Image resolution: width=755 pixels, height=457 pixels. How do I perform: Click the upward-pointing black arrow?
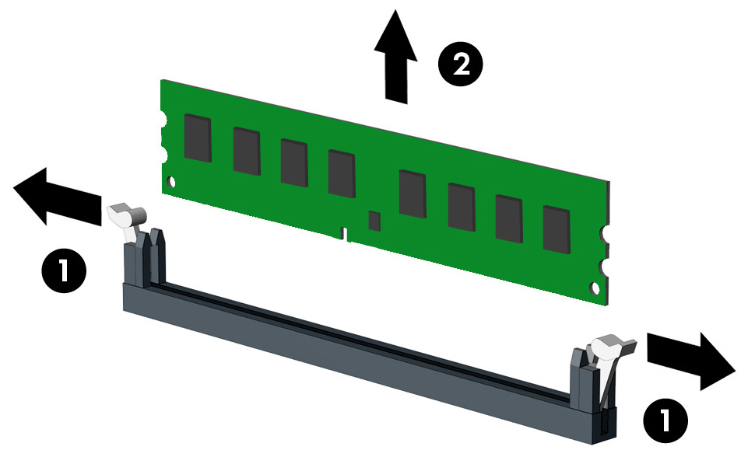(396, 58)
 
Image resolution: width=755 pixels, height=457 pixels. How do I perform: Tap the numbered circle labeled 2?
(460, 64)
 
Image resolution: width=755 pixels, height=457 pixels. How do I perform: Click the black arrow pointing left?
(57, 197)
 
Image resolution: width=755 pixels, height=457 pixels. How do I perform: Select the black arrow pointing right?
(691, 361)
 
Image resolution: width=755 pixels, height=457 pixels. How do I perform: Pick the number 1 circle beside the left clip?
(64, 270)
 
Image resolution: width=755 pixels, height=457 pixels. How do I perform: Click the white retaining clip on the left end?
(126, 219)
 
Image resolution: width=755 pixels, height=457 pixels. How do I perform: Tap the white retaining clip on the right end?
(610, 356)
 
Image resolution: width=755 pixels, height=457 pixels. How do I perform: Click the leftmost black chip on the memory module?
(198, 138)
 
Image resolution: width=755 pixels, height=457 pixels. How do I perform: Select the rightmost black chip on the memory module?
(557, 229)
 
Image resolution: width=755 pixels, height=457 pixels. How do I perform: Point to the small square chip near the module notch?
(374, 221)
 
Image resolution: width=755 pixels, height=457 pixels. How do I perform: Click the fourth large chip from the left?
(342, 173)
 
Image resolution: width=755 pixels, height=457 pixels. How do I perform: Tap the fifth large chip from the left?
(413, 194)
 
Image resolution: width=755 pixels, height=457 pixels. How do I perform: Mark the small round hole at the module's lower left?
(171, 182)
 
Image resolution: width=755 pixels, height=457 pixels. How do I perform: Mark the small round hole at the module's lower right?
(595, 288)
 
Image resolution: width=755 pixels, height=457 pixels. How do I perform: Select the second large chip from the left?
(247, 151)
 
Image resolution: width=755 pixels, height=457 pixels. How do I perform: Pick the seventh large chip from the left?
(510, 219)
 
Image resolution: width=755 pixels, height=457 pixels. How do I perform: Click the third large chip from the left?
(294, 162)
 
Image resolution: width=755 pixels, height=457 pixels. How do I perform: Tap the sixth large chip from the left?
(462, 207)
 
